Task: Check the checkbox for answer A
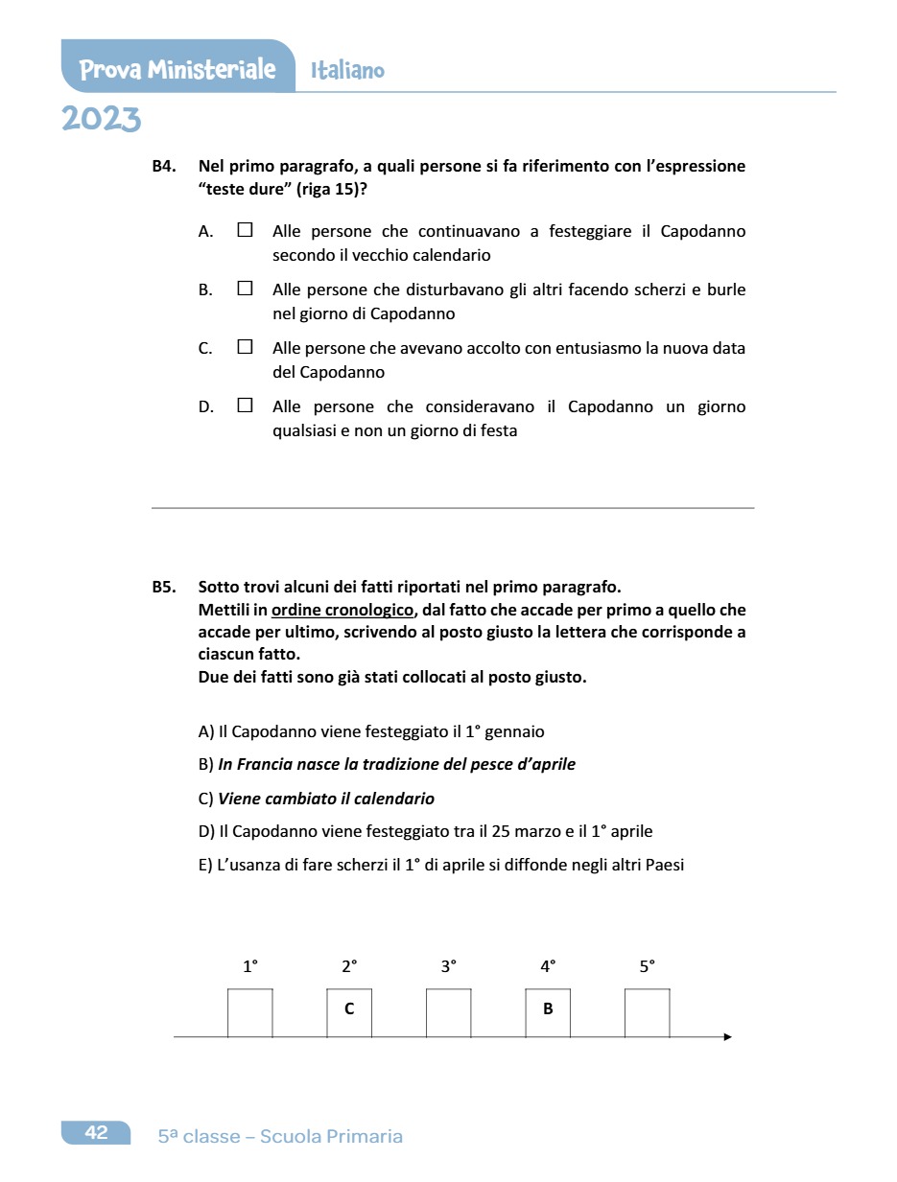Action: [x=245, y=230]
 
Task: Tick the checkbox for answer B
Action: [x=245, y=289]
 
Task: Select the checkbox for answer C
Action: [x=245, y=347]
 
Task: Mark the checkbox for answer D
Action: [x=245, y=406]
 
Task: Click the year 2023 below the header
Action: [x=101, y=120]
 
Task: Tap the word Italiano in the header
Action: [x=347, y=70]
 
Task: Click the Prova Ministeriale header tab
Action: [x=177, y=69]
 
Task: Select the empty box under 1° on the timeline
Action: [x=249, y=1012]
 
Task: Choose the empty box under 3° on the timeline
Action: [x=448, y=1012]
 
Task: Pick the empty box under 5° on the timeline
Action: [x=647, y=1012]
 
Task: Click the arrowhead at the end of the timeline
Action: [x=727, y=1036]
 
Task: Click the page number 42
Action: [x=96, y=1133]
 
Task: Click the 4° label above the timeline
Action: [x=548, y=967]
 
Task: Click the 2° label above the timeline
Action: [x=349, y=967]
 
